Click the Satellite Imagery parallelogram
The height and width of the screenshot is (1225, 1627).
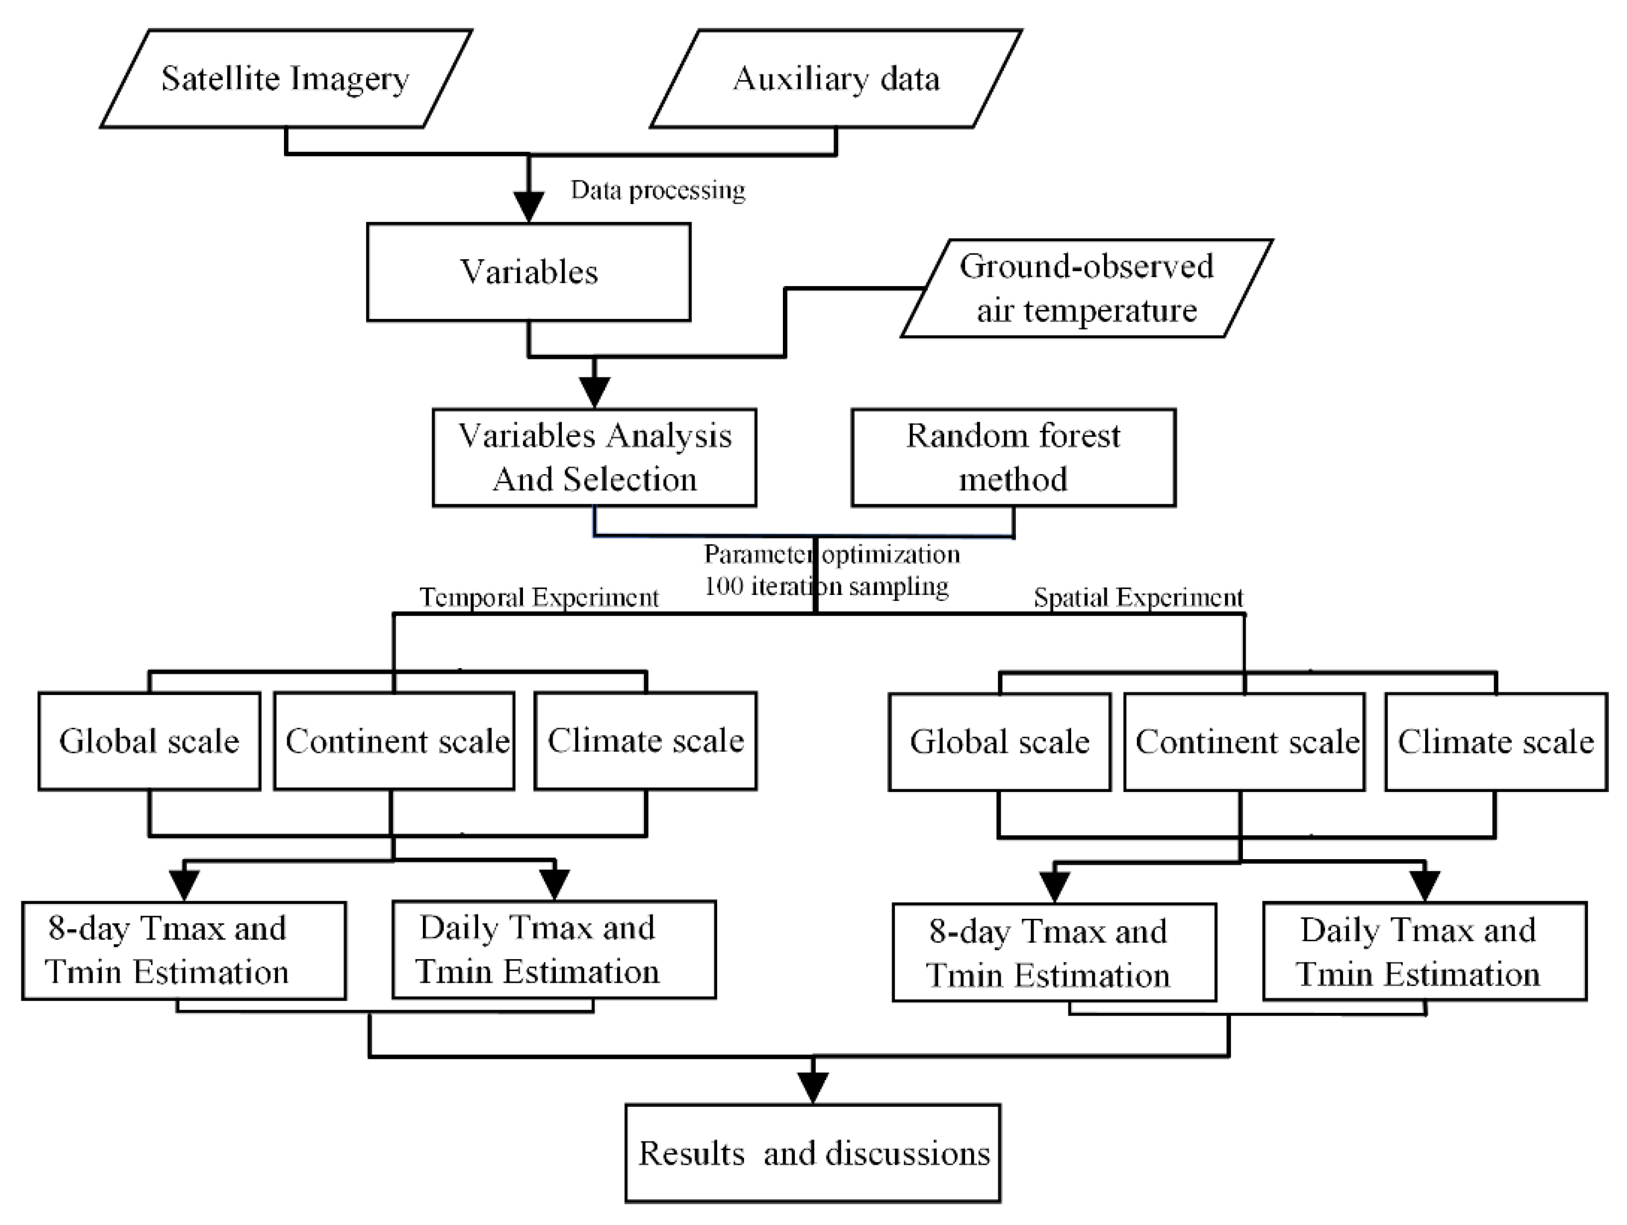tap(286, 79)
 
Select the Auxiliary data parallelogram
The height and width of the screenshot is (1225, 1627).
tap(836, 79)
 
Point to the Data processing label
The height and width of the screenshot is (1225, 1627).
tap(658, 190)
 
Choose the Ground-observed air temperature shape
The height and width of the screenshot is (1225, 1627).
tap(1086, 288)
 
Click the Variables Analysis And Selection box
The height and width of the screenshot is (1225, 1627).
tap(594, 457)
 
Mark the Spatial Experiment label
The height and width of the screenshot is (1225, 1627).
tap(1138, 597)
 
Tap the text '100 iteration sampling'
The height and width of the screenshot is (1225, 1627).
tap(826, 586)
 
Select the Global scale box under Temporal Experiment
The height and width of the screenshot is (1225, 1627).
tap(149, 741)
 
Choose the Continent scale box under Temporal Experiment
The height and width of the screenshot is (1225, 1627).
tap(394, 741)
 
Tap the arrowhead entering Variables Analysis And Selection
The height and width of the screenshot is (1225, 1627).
tap(594, 392)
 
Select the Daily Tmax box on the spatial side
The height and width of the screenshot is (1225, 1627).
tap(1424, 952)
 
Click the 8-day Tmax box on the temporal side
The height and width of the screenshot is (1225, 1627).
tap(184, 950)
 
